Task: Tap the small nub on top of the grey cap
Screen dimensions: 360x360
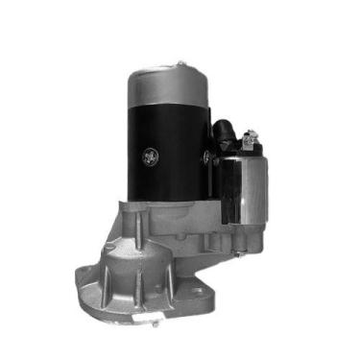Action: tap(180, 64)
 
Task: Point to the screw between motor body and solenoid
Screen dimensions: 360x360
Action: tap(205, 151)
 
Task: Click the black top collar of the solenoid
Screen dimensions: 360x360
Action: tap(243, 154)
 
